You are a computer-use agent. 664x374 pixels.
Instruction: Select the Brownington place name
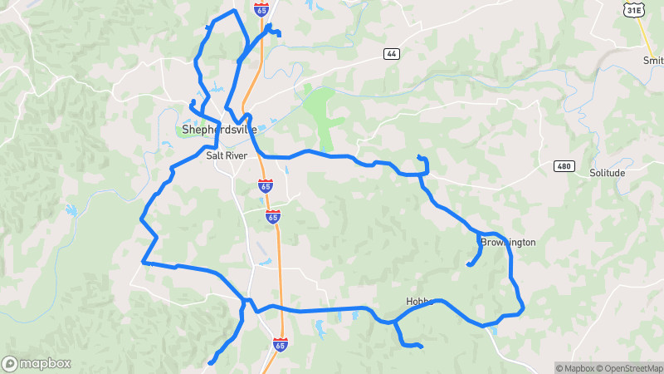pos(508,243)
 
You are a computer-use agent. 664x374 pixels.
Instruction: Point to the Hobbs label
pos(420,301)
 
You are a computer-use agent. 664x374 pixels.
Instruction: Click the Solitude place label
pos(607,173)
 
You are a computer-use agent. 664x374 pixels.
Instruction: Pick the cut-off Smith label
pos(653,61)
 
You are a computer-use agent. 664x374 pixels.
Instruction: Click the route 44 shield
pos(391,53)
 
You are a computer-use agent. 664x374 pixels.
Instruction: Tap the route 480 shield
pos(564,166)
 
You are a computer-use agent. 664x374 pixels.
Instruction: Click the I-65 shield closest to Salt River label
pos(265,185)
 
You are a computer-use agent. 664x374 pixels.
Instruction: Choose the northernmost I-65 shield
pos(261,9)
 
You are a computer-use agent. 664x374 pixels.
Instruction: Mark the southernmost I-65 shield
pos(281,344)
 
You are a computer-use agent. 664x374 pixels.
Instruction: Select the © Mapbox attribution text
pos(575,368)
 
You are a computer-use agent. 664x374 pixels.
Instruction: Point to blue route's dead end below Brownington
pos(469,265)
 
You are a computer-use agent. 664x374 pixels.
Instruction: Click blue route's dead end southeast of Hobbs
pos(422,346)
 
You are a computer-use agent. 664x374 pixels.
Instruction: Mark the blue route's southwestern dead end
pos(210,362)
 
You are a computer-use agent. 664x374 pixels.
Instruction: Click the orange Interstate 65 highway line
pos(280,249)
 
